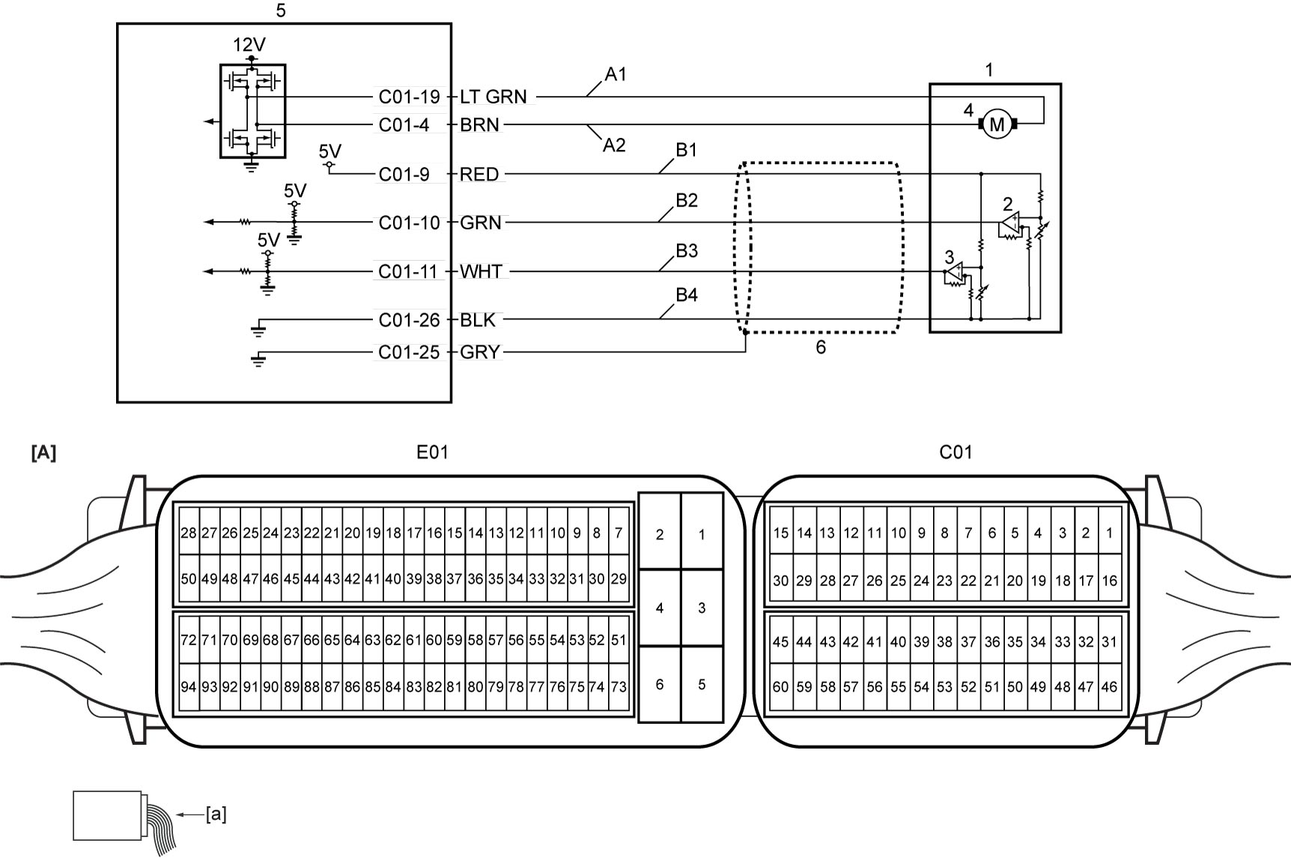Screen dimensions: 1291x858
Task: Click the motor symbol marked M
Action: pos(997,124)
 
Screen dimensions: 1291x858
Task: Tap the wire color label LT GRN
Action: pos(493,97)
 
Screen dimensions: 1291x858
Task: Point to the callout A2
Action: pos(614,145)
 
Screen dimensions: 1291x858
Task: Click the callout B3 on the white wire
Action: pos(687,251)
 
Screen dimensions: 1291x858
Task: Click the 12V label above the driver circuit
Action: pos(249,45)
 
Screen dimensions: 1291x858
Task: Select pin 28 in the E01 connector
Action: pos(189,534)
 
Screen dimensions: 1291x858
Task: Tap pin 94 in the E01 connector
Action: pos(189,686)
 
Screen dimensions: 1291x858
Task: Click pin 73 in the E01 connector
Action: pos(619,686)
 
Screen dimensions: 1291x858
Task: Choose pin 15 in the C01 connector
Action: pos(781,534)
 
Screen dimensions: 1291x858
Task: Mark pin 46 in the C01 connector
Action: pos(1109,686)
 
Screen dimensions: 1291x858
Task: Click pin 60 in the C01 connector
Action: pos(781,686)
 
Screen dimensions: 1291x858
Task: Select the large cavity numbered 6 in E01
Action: pos(660,684)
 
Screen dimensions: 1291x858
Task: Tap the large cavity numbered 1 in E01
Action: pos(702,534)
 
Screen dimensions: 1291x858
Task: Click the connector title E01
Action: pos(433,453)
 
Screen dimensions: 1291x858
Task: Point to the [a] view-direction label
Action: pos(216,814)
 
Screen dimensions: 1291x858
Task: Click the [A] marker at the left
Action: pos(43,453)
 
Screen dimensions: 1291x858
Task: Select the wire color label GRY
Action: pos(480,352)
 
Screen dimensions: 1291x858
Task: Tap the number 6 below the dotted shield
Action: pos(821,348)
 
